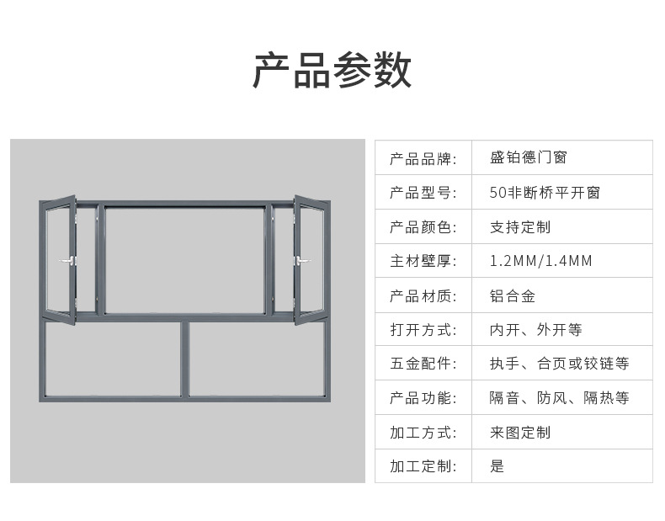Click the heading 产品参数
[332, 70]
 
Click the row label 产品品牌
[423, 158]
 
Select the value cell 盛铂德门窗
[529, 158]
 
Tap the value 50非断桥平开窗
[545, 193]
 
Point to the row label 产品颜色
[423, 227]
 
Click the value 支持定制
[520, 227]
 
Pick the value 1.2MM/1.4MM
[541, 261]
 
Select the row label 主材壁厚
[423, 261]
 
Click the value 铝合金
[513, 295]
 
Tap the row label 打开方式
[423, 330]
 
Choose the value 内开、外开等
[536, 330]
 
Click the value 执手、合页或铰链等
[560, 364]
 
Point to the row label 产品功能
[423, 398]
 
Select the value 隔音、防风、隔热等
[560, 398]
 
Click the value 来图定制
[520, 433]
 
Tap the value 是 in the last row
[497, 466]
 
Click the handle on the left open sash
[68, 261]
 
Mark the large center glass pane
[184, 259]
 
